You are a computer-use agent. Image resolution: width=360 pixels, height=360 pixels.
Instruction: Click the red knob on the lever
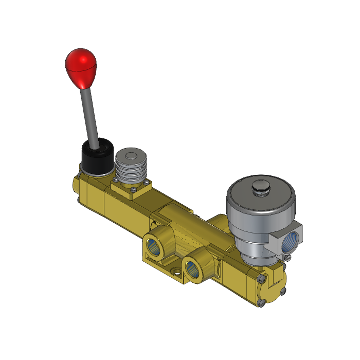pyautogui.click(x=81, y=67)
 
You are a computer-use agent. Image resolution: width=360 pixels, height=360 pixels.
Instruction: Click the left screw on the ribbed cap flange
pyautogui.click(x=116, y=181)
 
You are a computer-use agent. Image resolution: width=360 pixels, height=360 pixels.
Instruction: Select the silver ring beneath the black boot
pyautogui.click(x=95, y=172)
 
